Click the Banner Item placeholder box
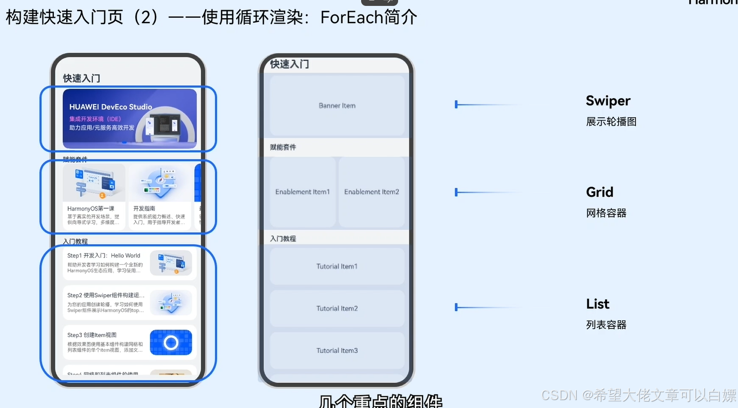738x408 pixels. [337, 105]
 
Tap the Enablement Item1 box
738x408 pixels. [302, 192]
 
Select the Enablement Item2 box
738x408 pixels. [371, 192]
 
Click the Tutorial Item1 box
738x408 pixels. [337, 266]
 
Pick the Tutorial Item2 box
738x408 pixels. [337, 308]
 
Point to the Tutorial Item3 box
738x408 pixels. [337, 350]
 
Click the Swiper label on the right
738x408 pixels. [608, 101]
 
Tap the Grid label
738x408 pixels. [599, 192]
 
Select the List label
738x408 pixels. [597, 304]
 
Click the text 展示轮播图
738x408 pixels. [611, 122]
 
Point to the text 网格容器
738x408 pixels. [606, 213]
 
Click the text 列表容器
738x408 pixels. [606, 325]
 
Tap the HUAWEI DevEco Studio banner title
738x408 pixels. [111, 107]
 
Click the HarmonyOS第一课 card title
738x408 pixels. [91, 208]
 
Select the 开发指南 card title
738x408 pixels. [144, 208]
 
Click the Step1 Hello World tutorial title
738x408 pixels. [104, 256]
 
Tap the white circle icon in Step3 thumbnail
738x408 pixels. [171, 342]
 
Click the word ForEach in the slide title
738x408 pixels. [352, 18]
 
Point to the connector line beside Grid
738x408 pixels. [486, 192]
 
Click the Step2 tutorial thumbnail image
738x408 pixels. [171, 303]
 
